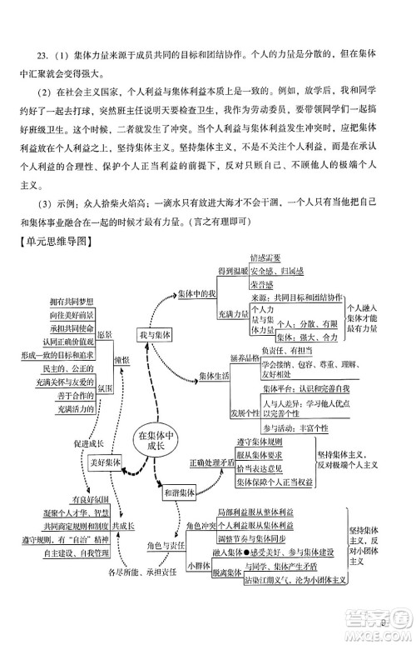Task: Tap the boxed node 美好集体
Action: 106,462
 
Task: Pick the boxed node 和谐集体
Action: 179,492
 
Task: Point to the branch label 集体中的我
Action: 197,294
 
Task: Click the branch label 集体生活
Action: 215,377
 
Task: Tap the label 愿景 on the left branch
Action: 104,335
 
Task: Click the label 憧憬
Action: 122,360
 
